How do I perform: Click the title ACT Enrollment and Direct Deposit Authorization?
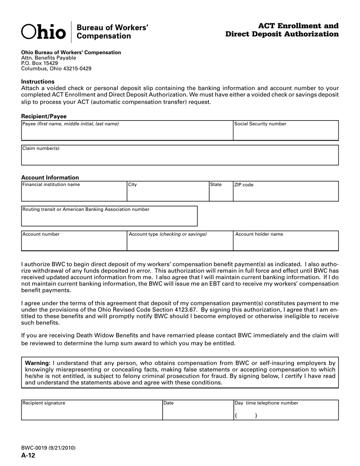[282, 30]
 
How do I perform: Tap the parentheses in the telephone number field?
[246, 416]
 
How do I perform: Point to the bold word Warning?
[37, 363]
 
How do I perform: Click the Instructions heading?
[38, 81]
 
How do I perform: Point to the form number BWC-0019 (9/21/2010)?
[48, 448]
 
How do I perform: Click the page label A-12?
[28, 455]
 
